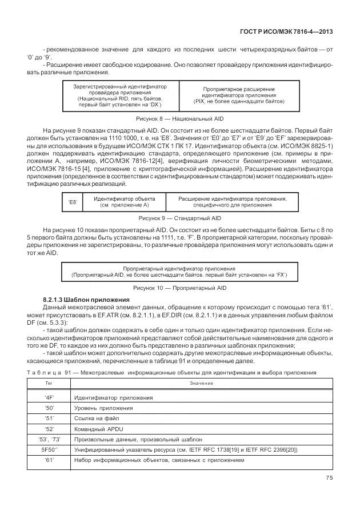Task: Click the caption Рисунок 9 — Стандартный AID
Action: [179, 218]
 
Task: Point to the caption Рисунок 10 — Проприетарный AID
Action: [179, 288]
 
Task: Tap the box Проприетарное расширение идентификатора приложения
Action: [238, 95]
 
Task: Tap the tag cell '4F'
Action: [49, 397]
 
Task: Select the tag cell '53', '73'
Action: [49, 439]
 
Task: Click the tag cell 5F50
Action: [49, 449]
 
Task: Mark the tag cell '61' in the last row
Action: [49, 460]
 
